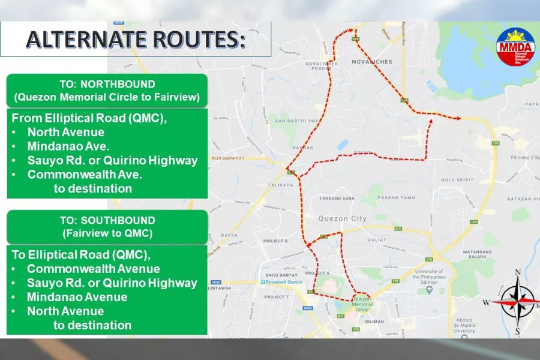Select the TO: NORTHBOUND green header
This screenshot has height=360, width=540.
click(x=107, y=91)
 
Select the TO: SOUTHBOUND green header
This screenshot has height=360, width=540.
click(x=107, y=227)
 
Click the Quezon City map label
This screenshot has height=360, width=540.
click(x=343, y=219)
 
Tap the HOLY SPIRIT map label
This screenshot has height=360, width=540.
click(x=457, y=180)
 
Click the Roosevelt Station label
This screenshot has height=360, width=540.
click(x=284, y=282)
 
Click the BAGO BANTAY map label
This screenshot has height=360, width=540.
click(x=278, y=274)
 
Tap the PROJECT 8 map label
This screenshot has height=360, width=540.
click(x=277, y=241)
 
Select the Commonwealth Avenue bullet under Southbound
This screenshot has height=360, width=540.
click(x=93, y=269)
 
